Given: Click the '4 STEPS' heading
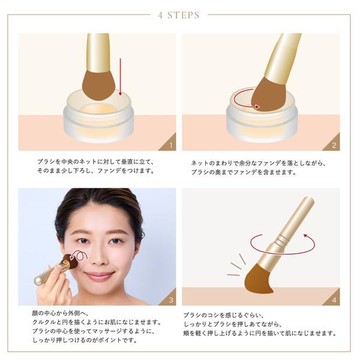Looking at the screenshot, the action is (x=179, y=15).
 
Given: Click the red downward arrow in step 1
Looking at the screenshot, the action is (x=120, y=77).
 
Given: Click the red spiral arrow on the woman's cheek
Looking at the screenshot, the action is (x=79, y=256).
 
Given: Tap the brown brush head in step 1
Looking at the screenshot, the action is (x=99, y=85).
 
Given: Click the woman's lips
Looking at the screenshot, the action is (x=99, y=275).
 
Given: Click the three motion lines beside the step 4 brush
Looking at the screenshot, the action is (x=236, y=265).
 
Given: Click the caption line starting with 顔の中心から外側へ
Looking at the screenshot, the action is (x=60, y=313).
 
